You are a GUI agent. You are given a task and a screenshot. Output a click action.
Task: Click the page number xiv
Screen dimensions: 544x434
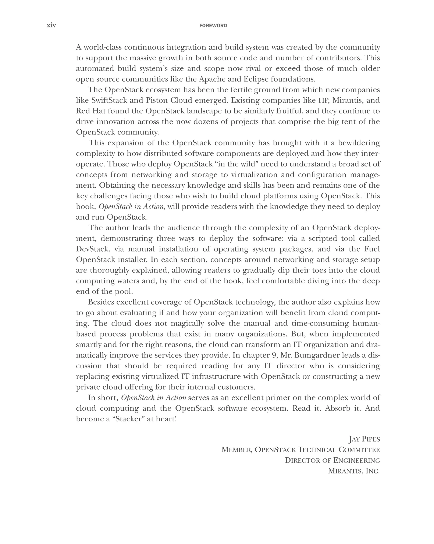point(51,25)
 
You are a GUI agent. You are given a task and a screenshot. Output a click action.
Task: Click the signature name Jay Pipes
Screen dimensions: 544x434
point(364,439)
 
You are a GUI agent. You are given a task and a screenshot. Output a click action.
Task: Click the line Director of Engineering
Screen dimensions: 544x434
point(332,461)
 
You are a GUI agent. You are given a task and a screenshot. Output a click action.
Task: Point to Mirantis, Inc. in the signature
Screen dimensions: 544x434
point(354,471)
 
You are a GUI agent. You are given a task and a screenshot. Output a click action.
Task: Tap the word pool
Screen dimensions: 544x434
point(124,292)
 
